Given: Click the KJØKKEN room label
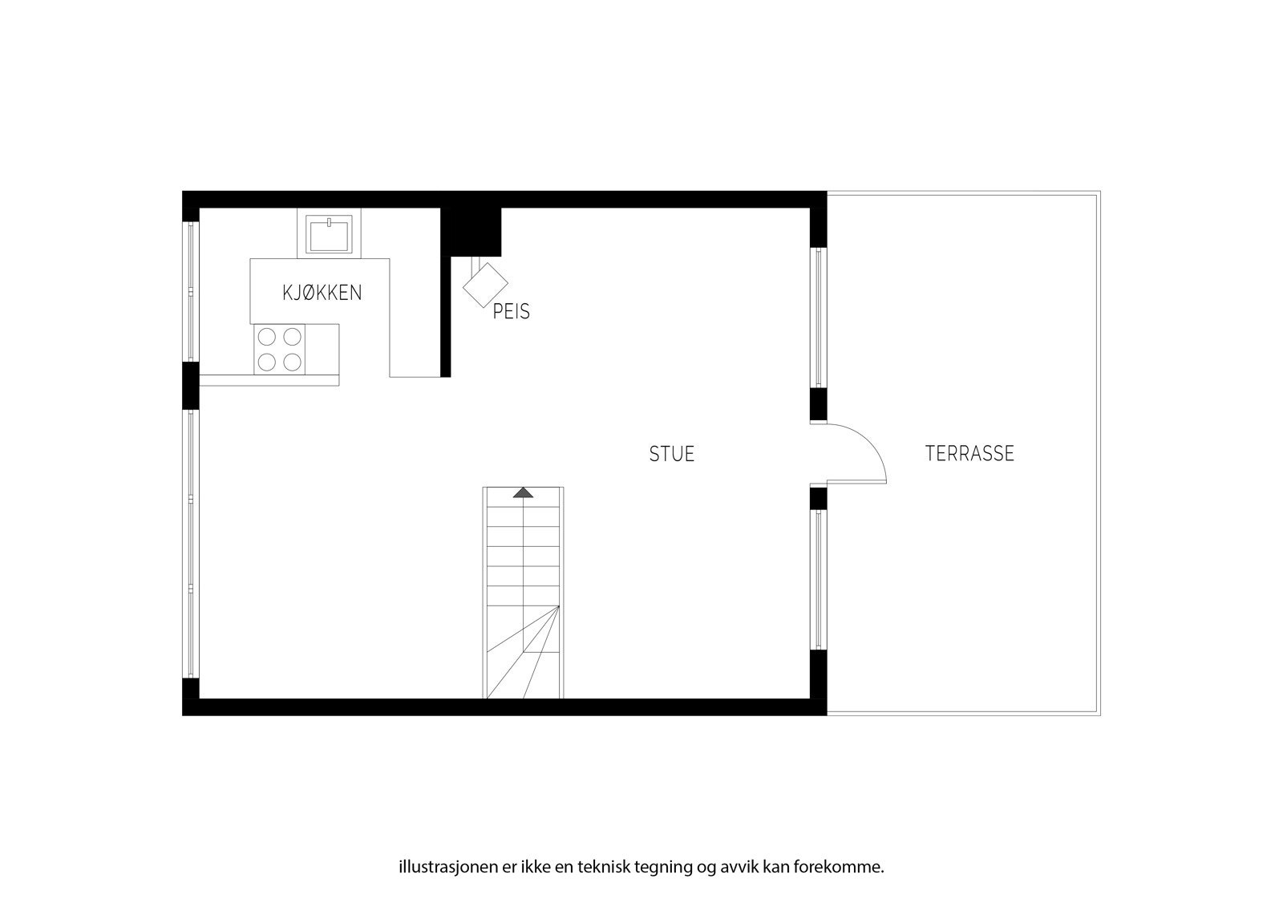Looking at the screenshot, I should point(322,293).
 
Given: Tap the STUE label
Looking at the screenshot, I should point(672,454).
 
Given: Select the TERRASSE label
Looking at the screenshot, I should point(969,454).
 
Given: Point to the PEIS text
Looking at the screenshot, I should point(512,312).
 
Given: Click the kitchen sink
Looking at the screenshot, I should point(329,234).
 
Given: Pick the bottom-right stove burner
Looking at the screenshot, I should point(293,362).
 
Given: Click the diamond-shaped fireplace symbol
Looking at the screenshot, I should point(486,284).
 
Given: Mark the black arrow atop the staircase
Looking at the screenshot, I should point(523,492).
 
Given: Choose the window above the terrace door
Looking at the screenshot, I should point(818,318).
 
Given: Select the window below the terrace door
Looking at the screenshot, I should point(818,580).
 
